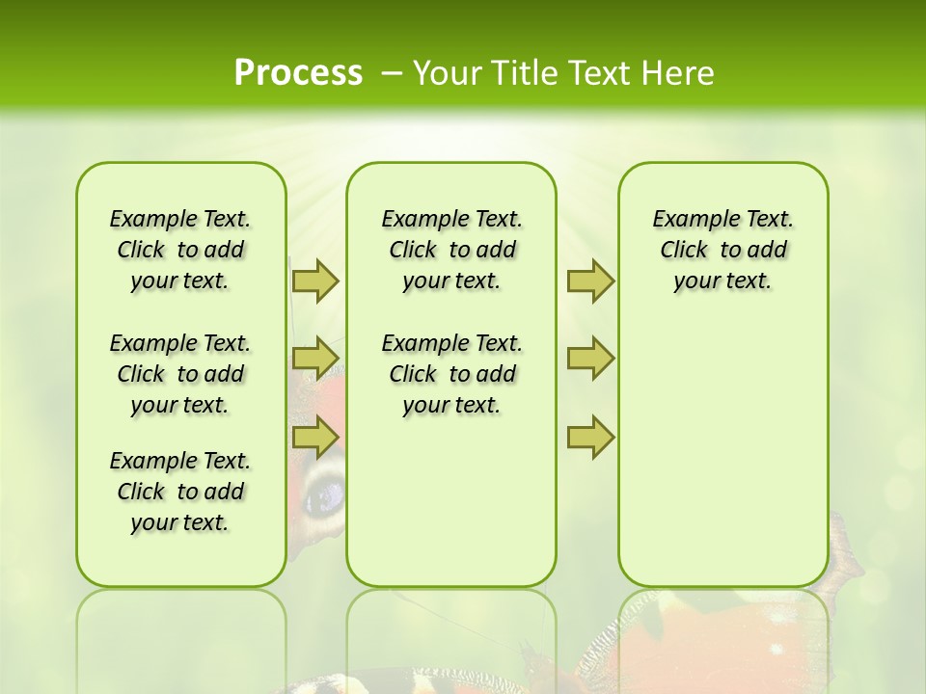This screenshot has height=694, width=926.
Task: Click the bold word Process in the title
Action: [x=298, y=72]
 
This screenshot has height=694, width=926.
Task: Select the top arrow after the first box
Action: [x=314, y=280]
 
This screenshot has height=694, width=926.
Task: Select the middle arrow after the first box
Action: [x=314, y=359]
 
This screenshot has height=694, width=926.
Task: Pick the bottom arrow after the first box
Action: [x=314, y=438]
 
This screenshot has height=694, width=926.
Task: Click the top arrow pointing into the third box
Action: [x=590, y=280]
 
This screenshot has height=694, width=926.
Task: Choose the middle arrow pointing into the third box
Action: [x=590, y=359]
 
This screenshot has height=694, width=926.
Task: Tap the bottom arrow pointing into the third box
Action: [x=590, y=438]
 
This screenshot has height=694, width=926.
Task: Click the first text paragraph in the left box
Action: [x=180, y=250]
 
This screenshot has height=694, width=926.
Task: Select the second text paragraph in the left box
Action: [x=180, y=374]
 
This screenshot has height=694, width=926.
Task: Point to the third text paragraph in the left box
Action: [x=180, y=492]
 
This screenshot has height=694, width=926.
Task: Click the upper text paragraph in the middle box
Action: [x=452, y=250]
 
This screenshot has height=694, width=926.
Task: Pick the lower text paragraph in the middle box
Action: [x=452, y=374]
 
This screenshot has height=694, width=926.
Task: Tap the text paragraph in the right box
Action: [x=723, y=250]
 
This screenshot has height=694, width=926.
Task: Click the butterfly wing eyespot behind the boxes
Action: [x=325, y=493]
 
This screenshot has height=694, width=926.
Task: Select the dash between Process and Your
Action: [x=392, y=72]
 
